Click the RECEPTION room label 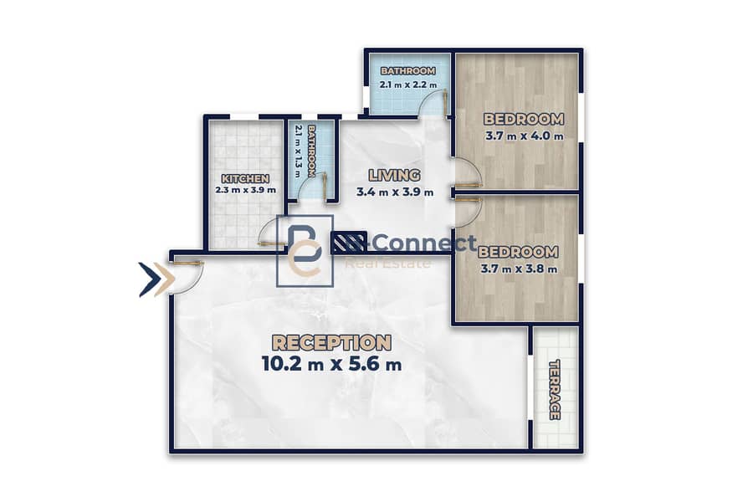pos(331,342)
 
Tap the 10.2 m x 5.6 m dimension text pos(331,364)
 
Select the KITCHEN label pos(245,179)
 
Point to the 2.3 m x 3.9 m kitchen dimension pos(245,190)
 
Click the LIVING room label pos(394,176)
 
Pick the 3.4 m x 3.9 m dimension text pos(395,192)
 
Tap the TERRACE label pos(555,390)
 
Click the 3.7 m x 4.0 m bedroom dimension pos(524,136)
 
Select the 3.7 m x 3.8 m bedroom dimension pos(519,269)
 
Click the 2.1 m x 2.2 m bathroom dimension pos(408,85)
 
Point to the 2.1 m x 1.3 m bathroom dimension pos(298,151)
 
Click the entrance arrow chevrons pos(156,279)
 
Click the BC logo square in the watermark pos(305,251)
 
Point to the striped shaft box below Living pos(349,243)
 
